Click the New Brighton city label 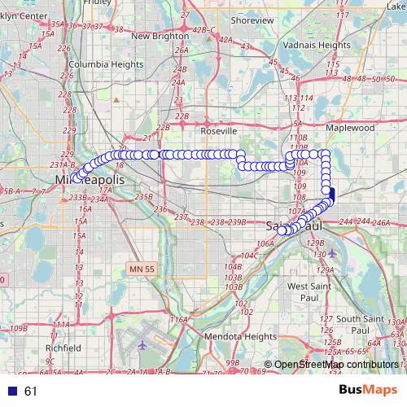[x=160, y=36]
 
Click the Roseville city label [x=218, y=130]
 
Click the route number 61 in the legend [x=31, y=391]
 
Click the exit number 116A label [x=179, y=320]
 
